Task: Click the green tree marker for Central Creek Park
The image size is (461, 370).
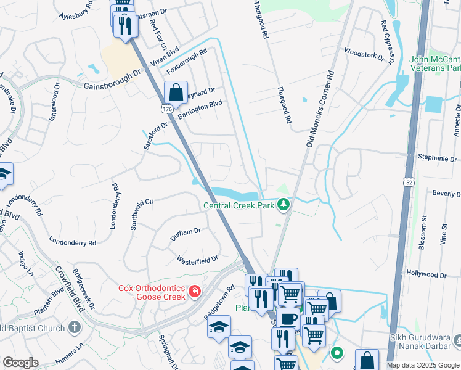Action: tap(283, 204)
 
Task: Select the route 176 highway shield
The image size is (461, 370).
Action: tap(166, 109)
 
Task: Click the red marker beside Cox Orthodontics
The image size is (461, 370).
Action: tap(195, 290)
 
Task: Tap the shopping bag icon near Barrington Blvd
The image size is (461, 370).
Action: tap(176, 93)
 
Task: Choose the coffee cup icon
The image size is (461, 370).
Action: tap(287, 319)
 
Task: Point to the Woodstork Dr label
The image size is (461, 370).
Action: tap(369, 55)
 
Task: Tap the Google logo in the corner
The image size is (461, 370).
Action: tap(21, 362)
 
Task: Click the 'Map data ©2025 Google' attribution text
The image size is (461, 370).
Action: tap(423, 365)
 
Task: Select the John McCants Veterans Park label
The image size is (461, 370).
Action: tap(434, 64)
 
